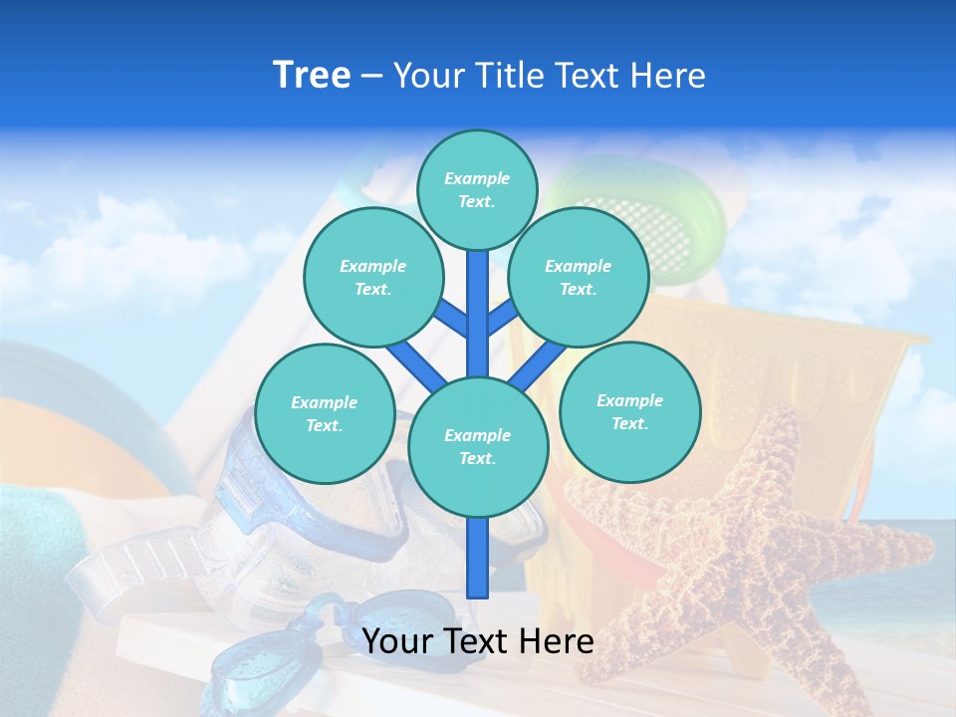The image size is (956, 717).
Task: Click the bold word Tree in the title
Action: pos(312,76)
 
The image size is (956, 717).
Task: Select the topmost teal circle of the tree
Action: pos(477,189)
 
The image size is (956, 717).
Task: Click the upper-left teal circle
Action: pos(373,277)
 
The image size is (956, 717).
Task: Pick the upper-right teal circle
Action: pos(579,277)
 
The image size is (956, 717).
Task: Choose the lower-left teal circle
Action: pos(325,413)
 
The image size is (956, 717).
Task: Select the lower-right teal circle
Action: pos(630,411)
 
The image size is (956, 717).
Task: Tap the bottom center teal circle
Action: pos(478,446)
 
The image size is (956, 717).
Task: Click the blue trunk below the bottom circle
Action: pos(478,558)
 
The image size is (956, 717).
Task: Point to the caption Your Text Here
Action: pos(478,641)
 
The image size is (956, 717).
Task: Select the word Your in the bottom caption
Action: pos(396,641)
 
